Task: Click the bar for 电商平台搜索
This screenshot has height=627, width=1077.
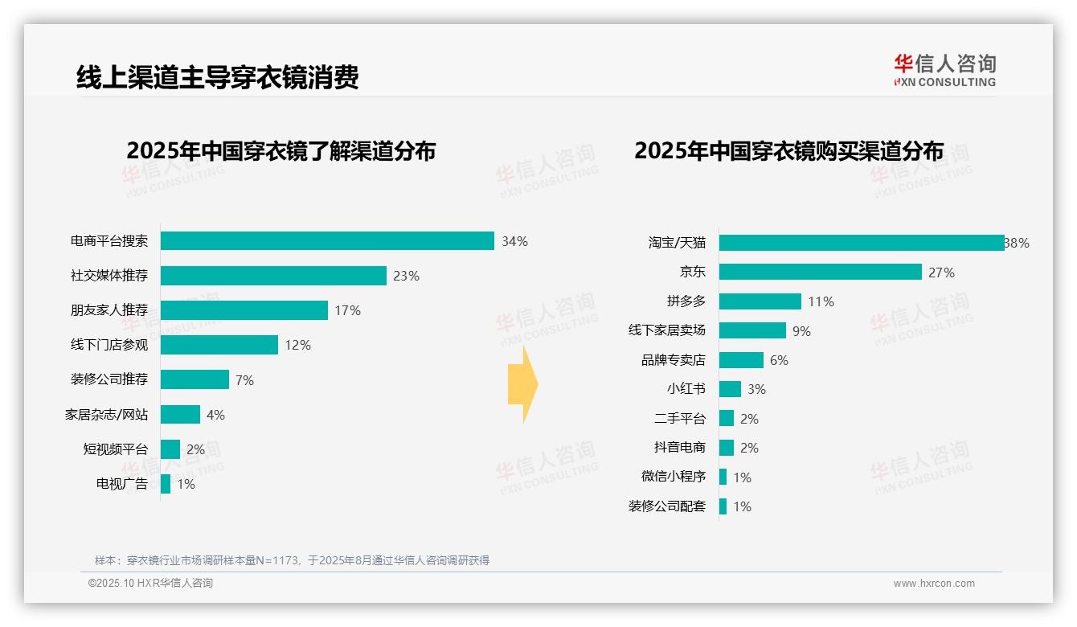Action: pyautogui.click(x=327, y=241)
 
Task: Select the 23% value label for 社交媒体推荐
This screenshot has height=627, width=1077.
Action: pyautogui.click(x=406, y=276)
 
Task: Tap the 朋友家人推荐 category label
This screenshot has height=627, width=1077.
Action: pyautogui.click(x=109, y=310)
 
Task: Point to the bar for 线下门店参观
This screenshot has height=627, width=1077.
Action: pyautogui.click(x=219, y=345)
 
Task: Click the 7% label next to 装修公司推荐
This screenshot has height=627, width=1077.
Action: pyautogui.click(x=244, y=380)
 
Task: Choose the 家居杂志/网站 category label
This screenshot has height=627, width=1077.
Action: pyautogui.click(x=106, y=415)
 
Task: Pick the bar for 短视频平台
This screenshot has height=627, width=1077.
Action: pyautogui.click(x=170, y=449)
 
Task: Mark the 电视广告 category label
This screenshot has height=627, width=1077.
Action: pyautogui.click(x=122, y=484)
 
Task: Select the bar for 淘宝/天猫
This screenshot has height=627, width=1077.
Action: pyautogui.click(x=862, y=243)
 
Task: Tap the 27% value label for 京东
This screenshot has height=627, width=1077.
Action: pyautogui.click(x=941, y=273)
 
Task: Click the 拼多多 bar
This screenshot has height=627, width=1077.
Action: pyautogui.click(x=760, y=301)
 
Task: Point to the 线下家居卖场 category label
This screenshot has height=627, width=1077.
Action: pyautogui.click(x=666, y=330)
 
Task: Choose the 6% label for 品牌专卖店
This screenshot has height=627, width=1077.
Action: pyautogui.click(x=779, y=360)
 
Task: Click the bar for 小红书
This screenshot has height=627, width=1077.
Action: pyautogui.click(x=730, y=389)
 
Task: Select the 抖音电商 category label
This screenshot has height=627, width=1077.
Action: pyautogui.click(x=679, y=448)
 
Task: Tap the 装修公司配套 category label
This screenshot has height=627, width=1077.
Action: pyautogui.click(x=666, y=506)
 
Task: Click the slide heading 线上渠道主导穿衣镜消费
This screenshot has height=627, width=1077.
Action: pyautogui.click(x=217, y=77)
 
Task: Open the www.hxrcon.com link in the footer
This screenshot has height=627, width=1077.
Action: pyautogui.click(x=933, y=584)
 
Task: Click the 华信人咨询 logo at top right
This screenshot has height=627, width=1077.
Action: pyautogui.click(x=944, y=70)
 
